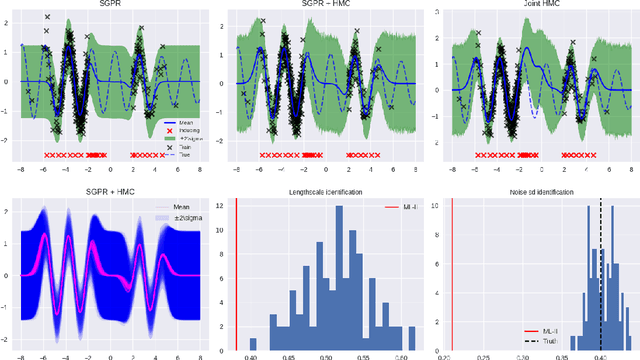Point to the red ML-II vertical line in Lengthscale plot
coord(236,270)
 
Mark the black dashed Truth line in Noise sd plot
coord(600,270)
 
